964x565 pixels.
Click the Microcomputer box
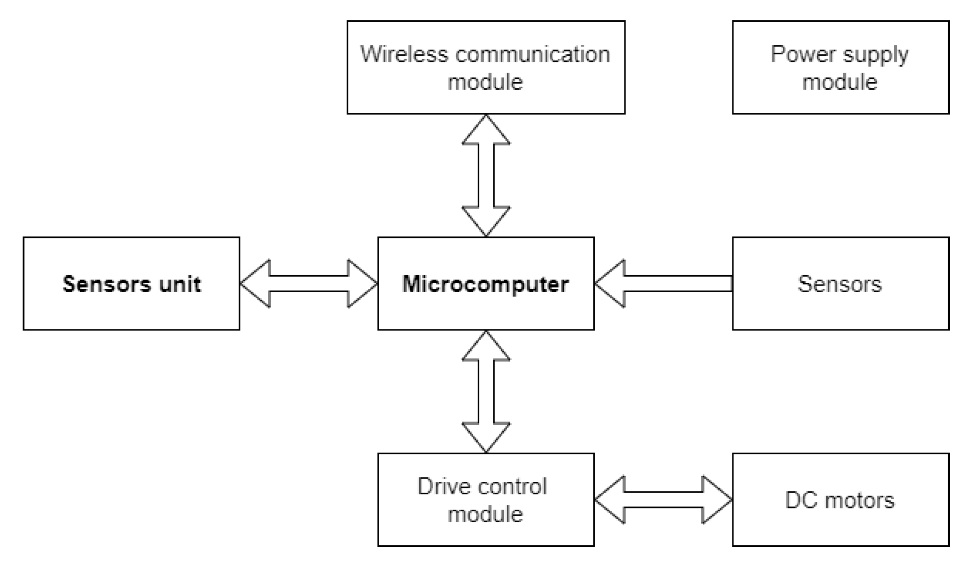(486, 283)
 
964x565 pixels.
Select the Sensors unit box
(131, 283)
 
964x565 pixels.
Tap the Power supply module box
(840, 67)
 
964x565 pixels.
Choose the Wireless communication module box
(486, 67)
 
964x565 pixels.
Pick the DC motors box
(840, 499)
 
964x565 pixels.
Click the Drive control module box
(486, 499)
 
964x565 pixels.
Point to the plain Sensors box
(840, 283)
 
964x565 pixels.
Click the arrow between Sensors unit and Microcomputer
(309, 283)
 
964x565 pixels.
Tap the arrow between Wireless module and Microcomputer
(486, 175)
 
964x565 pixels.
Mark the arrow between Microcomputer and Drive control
(486, 391)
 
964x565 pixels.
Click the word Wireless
(404, 54)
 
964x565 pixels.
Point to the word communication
(533, 54)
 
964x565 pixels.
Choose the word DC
(800, 500)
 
